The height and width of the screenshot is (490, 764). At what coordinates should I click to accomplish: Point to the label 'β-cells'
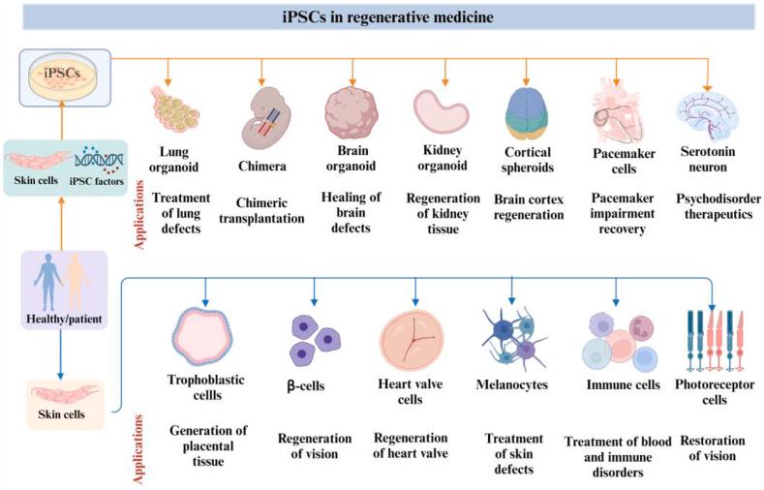[308, 385]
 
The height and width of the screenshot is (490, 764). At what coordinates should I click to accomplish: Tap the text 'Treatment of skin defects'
[513, 453]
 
